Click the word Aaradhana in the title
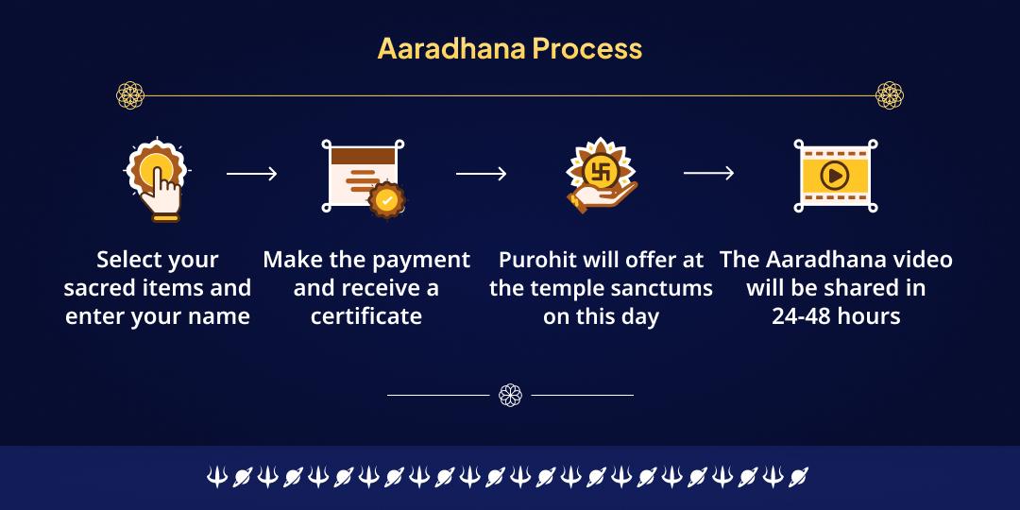451,48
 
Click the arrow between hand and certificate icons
251,173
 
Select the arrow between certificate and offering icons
481,173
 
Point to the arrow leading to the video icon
708,173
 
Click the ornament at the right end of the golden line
889,94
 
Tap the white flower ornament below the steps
510,395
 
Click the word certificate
365,315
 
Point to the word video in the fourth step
916,260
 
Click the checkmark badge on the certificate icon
387,199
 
